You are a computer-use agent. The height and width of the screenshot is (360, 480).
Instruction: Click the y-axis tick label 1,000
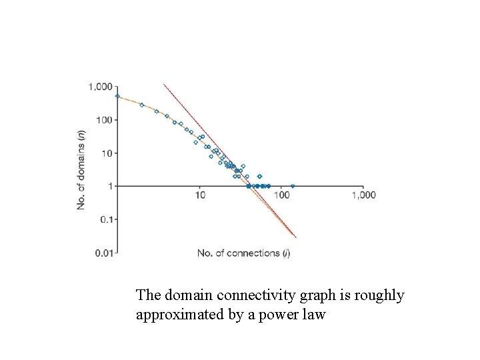(x=100, y=87)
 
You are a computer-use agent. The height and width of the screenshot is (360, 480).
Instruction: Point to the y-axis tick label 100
(x=103, y=120)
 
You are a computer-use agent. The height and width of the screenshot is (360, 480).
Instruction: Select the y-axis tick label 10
(x=106, y=153)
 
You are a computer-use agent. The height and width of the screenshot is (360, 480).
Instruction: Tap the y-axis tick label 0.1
(x=105, y=219)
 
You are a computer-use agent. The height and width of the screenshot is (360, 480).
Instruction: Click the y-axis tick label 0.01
(x=103, y=252)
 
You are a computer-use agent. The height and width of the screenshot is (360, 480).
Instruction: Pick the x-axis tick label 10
(x=200, y=195)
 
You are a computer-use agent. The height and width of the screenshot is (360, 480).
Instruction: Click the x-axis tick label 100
(x=281, y=195)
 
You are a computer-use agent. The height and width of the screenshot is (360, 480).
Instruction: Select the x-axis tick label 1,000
(x=364, y=195)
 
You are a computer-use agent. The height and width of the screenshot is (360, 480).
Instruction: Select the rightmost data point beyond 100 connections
(x=293, y=186)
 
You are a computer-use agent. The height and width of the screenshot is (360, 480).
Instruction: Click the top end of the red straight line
(x=164, y=84)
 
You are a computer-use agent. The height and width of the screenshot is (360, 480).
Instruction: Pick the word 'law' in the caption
(x=315, y=314)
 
